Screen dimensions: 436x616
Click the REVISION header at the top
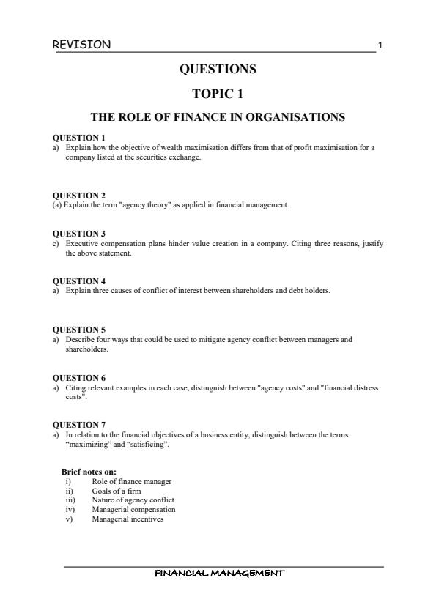click(82, 45)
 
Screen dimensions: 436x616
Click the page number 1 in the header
click(380, 46)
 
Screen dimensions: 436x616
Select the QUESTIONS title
click(218, 70)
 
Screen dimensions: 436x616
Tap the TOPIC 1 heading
click(217, 94)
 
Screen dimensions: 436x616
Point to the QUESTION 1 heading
click(79, 138)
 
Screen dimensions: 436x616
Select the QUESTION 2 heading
click(79, 196)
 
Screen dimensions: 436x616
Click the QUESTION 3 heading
click(79, 234)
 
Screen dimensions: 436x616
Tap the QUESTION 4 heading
click(79, 281)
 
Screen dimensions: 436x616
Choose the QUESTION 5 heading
click(79, 330)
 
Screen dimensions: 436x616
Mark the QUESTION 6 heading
click(79, 378)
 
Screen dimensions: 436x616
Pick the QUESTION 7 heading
click(79, 425)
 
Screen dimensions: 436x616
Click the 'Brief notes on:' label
click(89, 472)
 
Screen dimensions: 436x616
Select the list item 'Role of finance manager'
click(132, 481)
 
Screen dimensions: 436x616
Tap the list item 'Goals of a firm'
click(117, 491)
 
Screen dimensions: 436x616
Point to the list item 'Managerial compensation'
click(133, 510)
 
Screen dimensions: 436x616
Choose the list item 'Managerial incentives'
click(128, 519)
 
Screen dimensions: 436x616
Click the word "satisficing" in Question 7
click(147, 445)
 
